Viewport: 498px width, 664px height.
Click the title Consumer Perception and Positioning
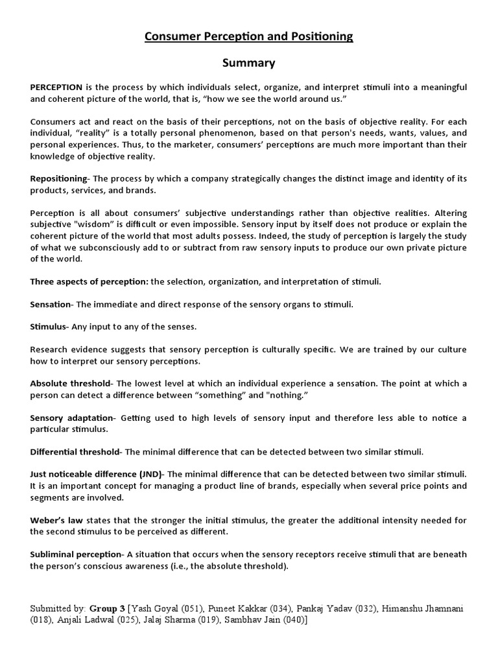[249, 37]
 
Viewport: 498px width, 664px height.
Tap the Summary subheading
[249, 63]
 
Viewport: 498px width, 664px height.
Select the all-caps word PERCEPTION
[56, 87]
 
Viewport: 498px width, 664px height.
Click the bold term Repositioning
[58, 178]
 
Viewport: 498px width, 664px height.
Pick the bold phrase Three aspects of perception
[89, 282]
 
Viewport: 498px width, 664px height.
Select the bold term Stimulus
[49, 326]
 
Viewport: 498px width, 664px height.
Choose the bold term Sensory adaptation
[72, 418]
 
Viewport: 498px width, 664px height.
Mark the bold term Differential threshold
[75, 451]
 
